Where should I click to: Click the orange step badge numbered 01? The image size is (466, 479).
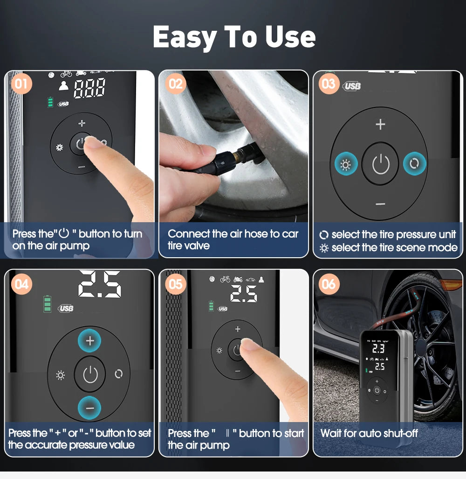(21, 85)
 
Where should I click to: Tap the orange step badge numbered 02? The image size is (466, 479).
(176, 85)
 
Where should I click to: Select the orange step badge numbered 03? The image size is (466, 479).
(329, 85)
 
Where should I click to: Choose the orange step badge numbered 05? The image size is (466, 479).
(176, 283)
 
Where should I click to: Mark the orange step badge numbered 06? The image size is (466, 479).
(329, 283)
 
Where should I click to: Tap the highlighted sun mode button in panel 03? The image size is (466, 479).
(346, 164)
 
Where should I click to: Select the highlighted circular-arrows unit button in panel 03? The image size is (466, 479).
(415, 164)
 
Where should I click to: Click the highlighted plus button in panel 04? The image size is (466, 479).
(90, 341)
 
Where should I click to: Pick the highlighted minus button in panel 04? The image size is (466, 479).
(90, 408)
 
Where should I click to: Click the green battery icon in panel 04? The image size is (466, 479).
(47, 304)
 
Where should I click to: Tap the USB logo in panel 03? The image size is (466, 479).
(352, 86)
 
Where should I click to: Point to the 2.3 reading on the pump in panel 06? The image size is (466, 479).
(378, 348)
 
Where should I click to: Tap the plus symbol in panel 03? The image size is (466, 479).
(380, 124)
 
